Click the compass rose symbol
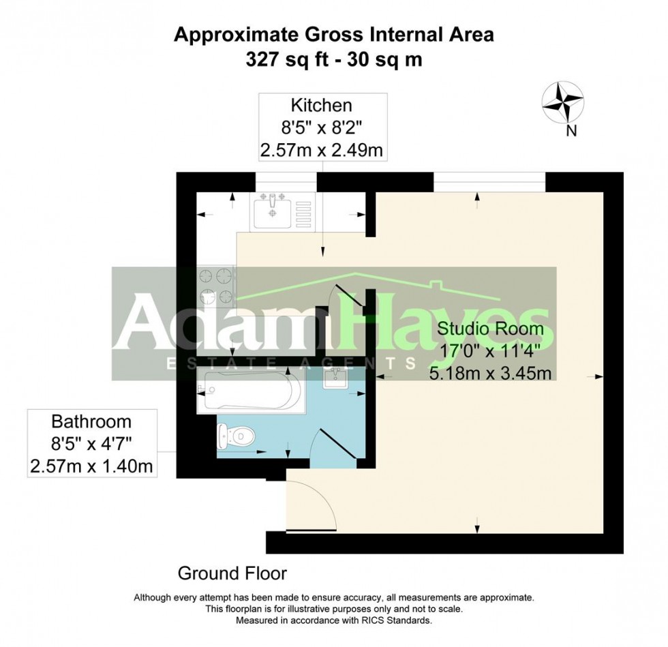562,103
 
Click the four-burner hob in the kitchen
216,286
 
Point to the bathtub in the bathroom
247,391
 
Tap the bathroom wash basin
337,378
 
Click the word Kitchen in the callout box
322,105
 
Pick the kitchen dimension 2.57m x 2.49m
322,150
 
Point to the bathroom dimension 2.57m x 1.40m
90,466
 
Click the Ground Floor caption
232,573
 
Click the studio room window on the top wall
489,182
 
